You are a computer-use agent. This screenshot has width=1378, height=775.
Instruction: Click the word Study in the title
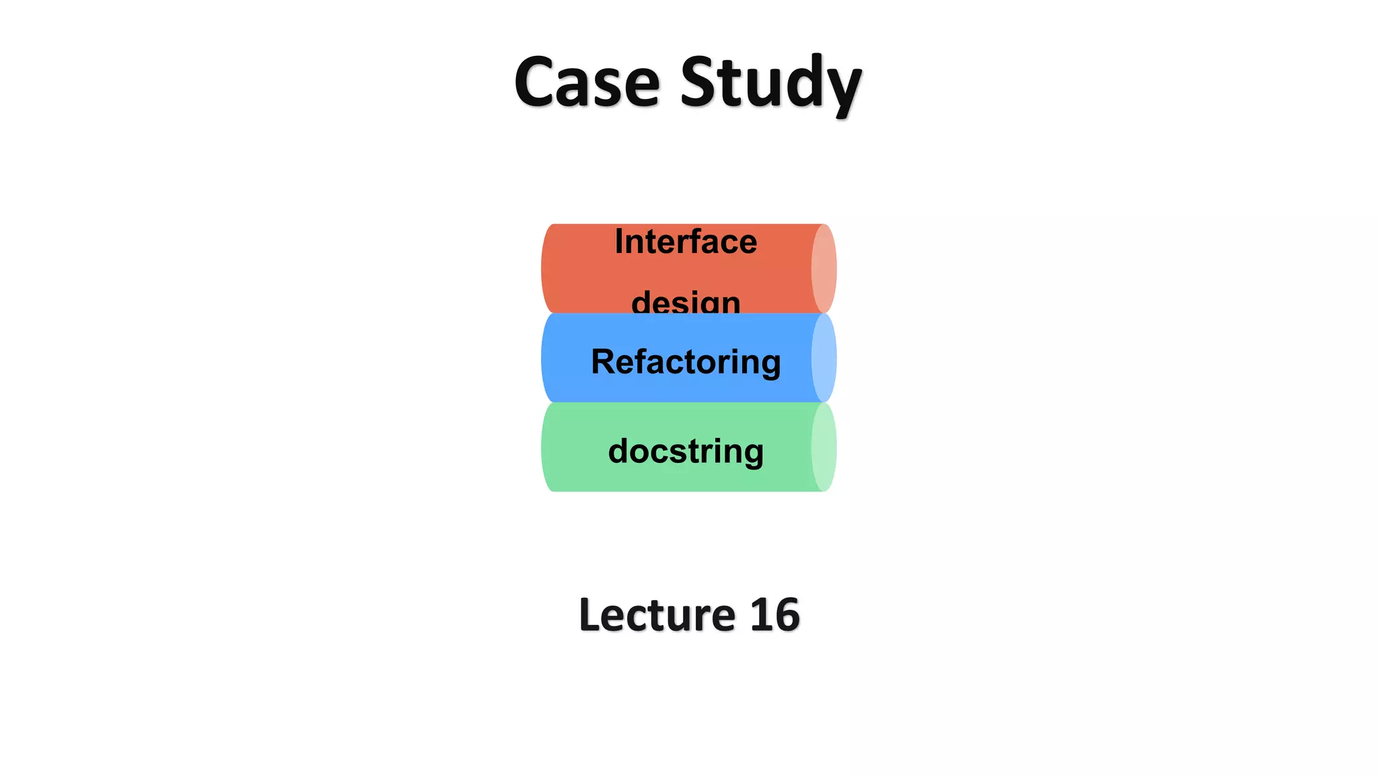pyautogui.click(x=770, y=82)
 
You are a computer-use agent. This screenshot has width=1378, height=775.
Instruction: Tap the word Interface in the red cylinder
pyautogui.click(x=686, y=242)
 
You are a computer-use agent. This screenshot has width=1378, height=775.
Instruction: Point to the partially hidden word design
pyautogui.click(x=686, y=302)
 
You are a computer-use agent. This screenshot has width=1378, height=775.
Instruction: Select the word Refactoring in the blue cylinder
pyautogui.click(x=686, y=362)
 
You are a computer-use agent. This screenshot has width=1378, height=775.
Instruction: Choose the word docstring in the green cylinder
pyautogui.click(x=686, y=451)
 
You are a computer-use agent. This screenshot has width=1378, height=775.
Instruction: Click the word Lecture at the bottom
pyautogui.click(x=657, y=615)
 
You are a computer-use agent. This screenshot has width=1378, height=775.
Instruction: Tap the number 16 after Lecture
pyautogui.click(x=774, y=615)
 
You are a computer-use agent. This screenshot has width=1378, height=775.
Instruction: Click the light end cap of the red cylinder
pyautogui.click(x=824, y=268)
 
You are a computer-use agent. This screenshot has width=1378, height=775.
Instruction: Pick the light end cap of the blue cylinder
pyautogui.click(x=824, y=358)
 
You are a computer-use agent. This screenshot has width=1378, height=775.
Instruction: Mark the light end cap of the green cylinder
pyautogui.click(x=824, y=447)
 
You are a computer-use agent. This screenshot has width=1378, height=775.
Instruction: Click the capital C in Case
pyautogui.click(x=536, y=82)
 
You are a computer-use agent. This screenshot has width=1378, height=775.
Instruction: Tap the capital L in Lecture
pyautogui.click(x=590, y=615)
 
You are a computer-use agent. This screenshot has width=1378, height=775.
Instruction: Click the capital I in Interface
pyautogui.click(x=619, y=241)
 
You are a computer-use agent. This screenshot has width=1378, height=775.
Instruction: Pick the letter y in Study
pyautogui.click(x=841, y=87)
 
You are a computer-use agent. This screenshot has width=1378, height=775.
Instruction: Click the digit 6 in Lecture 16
pyautogui.click(x=787, y=615)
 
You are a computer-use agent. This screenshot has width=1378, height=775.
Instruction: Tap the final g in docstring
pyautogui.click(x=753, y=453)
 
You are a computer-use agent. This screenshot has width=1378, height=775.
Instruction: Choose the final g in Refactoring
pyautogui.click(x=770, y=365)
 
